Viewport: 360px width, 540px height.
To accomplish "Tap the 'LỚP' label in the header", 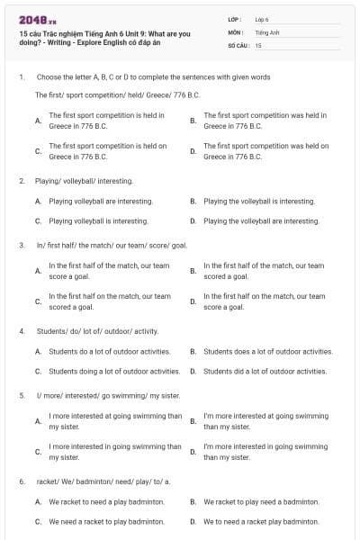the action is click(237, 19).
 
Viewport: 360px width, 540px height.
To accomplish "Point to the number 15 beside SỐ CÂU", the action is click(258, 44).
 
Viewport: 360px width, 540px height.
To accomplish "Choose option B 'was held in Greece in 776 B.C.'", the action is click(265, 121).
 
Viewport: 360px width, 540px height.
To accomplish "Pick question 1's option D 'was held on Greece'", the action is click(265, 150).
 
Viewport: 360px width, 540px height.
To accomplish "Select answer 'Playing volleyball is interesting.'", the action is click(98, 220).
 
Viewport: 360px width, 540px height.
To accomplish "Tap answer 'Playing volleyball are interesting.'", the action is click(100, 202).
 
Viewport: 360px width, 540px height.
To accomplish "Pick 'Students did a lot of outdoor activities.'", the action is click(265, 371).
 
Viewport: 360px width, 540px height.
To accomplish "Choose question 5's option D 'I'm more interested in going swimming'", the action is click(265, 451).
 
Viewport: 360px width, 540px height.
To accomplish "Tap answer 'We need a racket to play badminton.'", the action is click(106, 521).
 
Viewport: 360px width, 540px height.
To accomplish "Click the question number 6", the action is click(22, 481).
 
